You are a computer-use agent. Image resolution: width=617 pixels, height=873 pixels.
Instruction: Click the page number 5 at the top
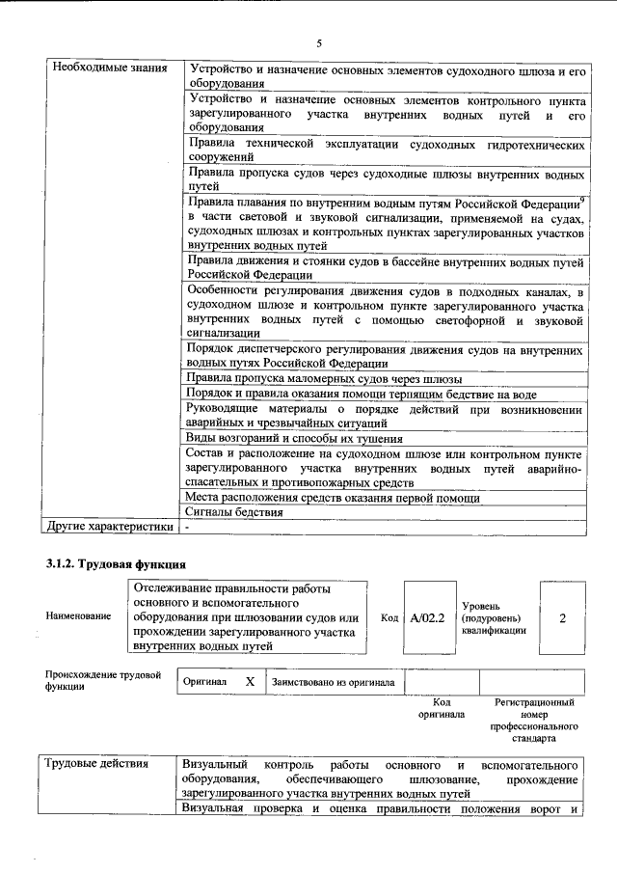[x=318, y=43]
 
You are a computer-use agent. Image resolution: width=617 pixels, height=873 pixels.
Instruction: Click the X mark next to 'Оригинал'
[x=250, y=681]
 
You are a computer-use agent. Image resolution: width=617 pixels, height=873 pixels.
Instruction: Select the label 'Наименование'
[x=77, y=615]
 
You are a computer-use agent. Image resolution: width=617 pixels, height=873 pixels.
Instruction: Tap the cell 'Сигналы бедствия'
[x=234, y=512]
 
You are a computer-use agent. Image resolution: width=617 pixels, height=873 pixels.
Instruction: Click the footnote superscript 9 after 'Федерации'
[x=583, y=199]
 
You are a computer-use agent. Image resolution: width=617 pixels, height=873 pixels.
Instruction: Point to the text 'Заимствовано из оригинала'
[x=334, y=682]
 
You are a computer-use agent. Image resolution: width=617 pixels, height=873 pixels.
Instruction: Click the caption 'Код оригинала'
[x=442, y=709]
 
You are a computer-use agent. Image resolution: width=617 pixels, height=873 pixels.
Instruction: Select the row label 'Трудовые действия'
[x=97, y=764]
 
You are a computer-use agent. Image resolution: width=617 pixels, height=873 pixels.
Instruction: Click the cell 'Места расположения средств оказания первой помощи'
[x=333, y=498]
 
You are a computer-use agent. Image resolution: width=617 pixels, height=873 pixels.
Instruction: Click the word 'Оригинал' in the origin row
[x=204, y=682]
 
